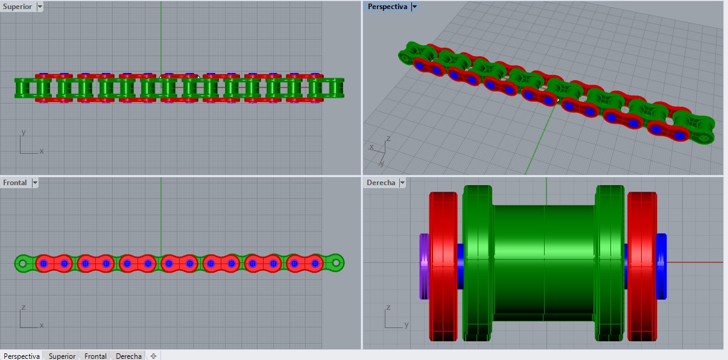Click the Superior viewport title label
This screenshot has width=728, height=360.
pos(19,7)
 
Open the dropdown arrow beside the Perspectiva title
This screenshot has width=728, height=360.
pos(414,7)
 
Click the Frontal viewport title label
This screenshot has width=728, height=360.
pos(16,183)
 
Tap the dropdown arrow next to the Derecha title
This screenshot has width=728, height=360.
pos(402,183)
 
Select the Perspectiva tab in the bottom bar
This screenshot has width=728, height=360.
pos(22,356)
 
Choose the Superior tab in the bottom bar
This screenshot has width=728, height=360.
pos(62,356)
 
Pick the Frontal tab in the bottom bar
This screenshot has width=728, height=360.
pos(95,356)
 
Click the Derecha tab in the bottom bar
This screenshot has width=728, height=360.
pos(129,356)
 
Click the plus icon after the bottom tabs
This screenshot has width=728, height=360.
pos(153,356)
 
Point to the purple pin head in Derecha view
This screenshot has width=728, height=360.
pos(423,266)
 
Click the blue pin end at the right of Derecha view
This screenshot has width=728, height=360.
pos(661,266)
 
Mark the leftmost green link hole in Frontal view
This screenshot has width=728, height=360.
pos(23,264)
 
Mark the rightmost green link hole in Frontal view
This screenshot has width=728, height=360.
pos(337,263)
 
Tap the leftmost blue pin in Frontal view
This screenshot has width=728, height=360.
pos(43,264)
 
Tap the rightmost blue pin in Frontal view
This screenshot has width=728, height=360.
pos(315,264)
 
